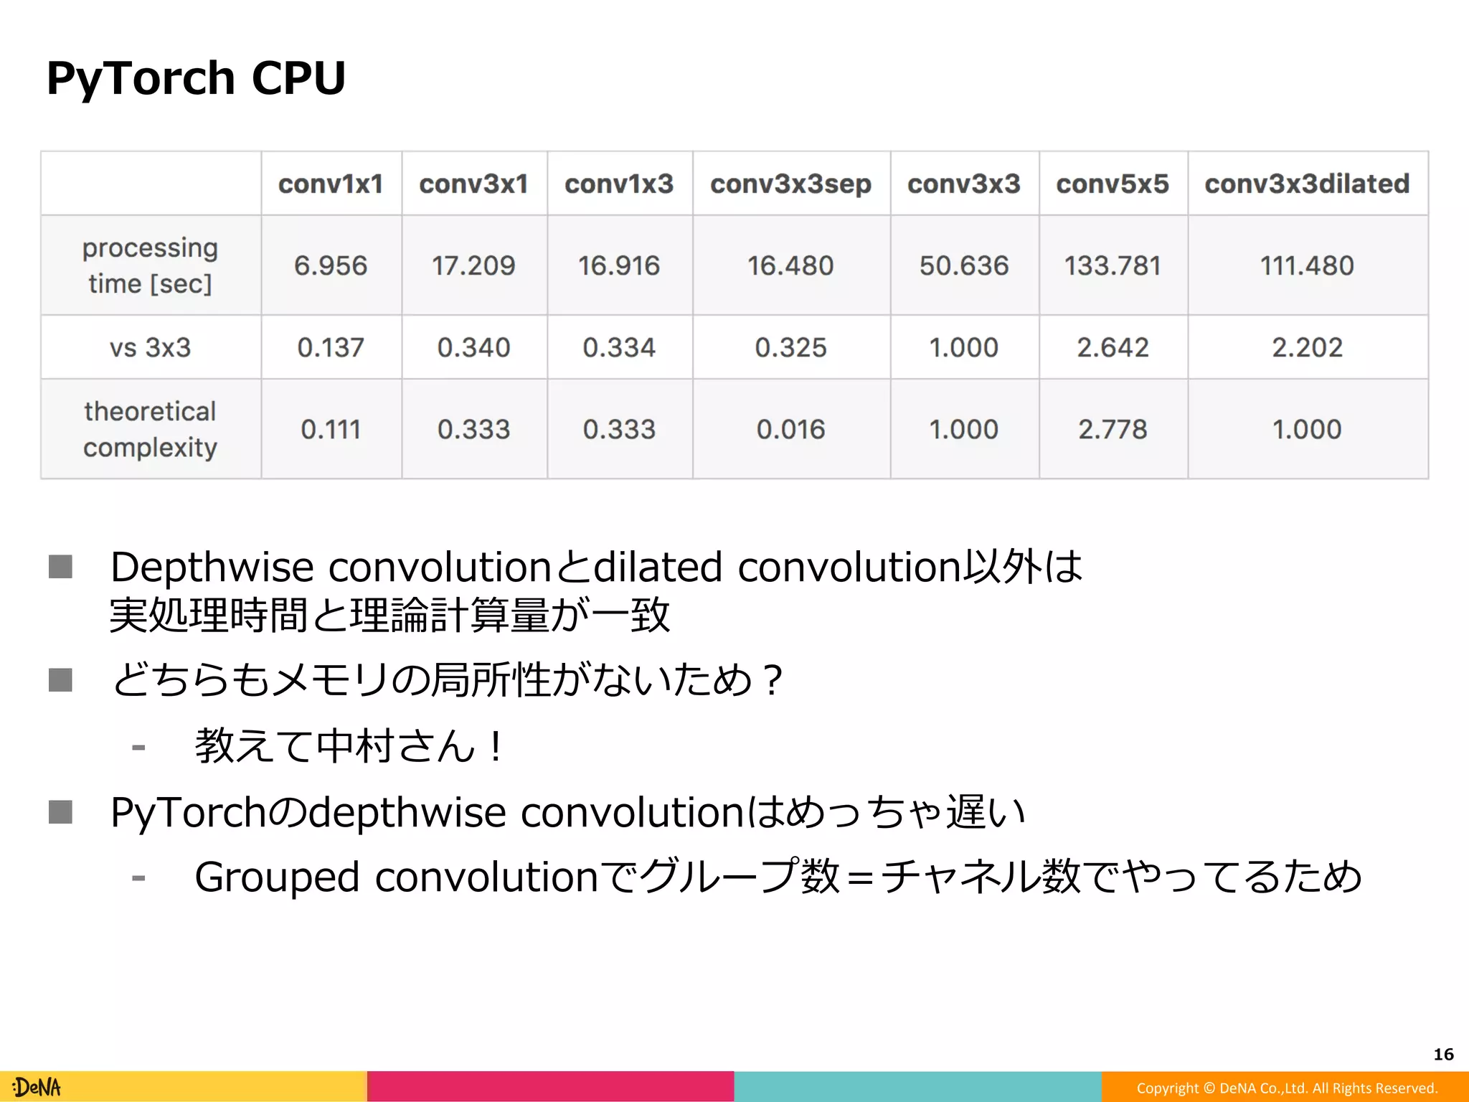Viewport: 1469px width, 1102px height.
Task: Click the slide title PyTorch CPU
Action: coord(196,77)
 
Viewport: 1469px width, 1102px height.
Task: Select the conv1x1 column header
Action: coord(331,184)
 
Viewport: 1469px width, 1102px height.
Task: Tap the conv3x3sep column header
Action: coord(790,184)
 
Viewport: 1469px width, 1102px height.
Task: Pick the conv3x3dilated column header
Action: coord(1307,184)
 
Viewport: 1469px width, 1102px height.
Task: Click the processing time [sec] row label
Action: coord(150,265)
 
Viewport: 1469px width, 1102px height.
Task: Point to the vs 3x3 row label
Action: coord(150,347)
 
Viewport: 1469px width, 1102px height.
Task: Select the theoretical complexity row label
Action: coord(150,429)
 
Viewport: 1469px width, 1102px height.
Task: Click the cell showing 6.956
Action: coord(331,265)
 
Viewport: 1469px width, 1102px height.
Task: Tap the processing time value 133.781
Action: coord(1113,265)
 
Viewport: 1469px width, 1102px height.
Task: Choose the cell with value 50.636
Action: coord(964,265)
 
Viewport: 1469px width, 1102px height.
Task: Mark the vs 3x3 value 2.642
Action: coord(1113,347)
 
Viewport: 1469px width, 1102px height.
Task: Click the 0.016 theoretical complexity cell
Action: coord(790,429)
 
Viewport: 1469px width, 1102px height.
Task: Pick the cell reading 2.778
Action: coord(1113,429)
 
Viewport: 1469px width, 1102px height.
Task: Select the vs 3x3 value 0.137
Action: coord(331,347)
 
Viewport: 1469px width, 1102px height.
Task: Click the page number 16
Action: coord(1443,1054)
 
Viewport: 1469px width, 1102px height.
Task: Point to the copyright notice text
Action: coord(1287,1088)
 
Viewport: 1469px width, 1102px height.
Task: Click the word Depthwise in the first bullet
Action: coord(212,568)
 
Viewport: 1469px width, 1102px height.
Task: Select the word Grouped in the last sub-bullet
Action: coord(277,877)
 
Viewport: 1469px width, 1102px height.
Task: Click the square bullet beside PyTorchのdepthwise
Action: coord(60,812)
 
